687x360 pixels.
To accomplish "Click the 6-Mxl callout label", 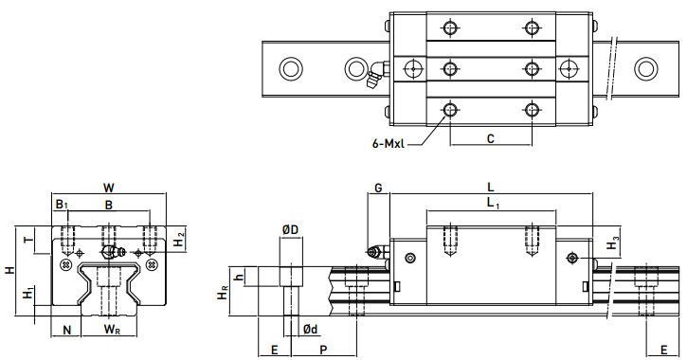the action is (389, 144).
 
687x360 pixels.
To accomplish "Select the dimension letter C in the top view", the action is (491, 139).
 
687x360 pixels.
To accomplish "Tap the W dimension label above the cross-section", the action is (109, 188).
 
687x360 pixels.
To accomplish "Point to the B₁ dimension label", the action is (62, 204).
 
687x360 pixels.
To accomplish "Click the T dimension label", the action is (29, 240).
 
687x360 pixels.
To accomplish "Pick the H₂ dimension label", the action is (179, 240).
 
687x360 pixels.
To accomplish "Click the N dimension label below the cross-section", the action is (66, 330).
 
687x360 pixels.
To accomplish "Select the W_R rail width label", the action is (112, 330).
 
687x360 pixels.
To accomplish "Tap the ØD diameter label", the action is (290, 229).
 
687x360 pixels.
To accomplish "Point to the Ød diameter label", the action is (310, 329).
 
